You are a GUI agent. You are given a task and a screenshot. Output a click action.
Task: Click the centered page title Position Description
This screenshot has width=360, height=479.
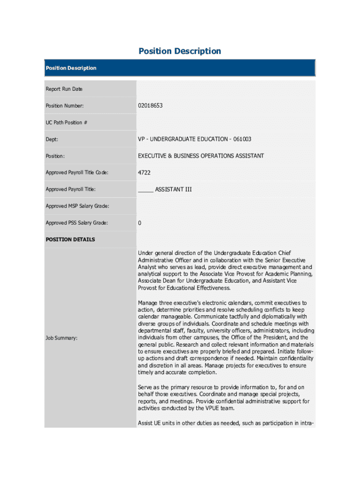tap(180, 51)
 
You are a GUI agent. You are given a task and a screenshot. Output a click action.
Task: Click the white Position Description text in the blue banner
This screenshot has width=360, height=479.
tap(71, 68)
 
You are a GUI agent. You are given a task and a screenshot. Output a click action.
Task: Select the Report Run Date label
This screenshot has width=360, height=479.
tap(64, 89)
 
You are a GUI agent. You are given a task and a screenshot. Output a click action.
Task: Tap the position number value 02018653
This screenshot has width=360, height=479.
tap(150, 106)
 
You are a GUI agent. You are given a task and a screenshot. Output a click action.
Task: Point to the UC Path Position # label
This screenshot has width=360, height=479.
tap(66, 123)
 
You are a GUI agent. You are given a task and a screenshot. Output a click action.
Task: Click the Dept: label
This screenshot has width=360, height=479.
tap(52, 139)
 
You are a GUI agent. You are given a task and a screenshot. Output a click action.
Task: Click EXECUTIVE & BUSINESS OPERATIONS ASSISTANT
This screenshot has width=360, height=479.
tap(201, 156)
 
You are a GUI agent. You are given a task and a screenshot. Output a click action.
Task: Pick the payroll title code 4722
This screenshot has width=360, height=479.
tap(144, 173)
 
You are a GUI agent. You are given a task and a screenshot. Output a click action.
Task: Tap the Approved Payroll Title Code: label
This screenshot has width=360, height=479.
tap(77, 173)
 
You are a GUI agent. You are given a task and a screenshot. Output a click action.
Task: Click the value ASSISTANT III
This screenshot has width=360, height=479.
tap(173, 189)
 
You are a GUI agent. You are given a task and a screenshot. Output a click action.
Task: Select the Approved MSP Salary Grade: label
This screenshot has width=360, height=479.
tap(77, 206)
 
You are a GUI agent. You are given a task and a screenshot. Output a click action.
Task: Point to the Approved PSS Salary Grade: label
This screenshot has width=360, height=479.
tap(77, 223)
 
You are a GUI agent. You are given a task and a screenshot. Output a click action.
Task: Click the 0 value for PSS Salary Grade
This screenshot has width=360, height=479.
tap(139, 223)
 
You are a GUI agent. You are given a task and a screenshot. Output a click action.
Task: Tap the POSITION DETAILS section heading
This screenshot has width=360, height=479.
tap(70, 239)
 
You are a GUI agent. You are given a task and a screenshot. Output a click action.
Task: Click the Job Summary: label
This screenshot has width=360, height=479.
tap(62, 338)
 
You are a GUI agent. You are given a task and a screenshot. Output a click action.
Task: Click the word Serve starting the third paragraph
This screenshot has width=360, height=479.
tap(145, 387)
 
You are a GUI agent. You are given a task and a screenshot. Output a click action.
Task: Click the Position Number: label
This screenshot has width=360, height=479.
tap(65, 106)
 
